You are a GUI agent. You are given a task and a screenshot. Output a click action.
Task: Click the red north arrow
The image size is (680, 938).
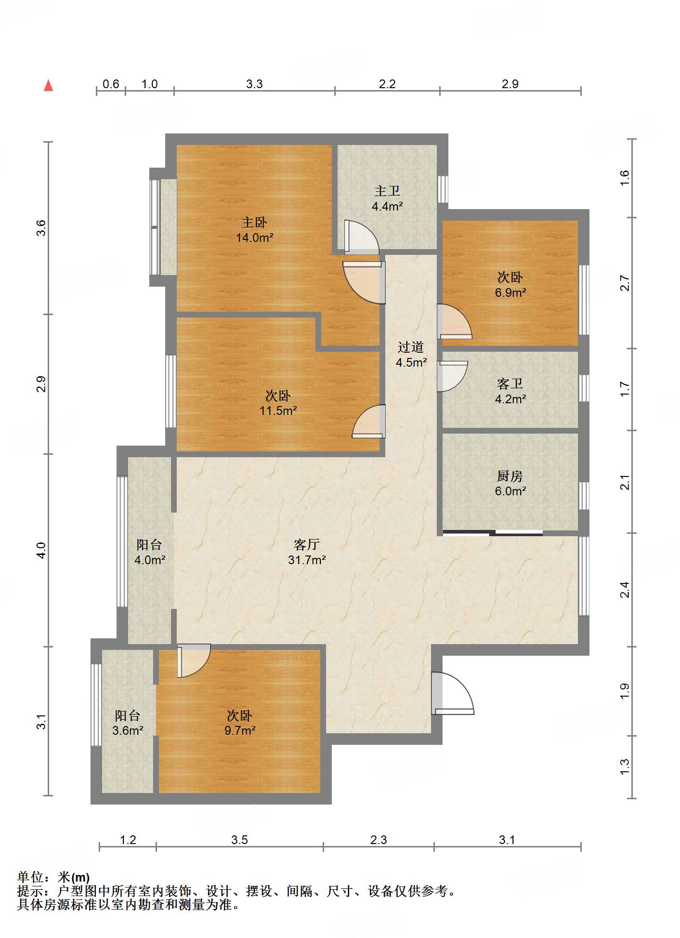point(48,85)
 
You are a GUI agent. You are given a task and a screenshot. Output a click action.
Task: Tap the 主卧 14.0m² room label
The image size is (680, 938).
point(255,230)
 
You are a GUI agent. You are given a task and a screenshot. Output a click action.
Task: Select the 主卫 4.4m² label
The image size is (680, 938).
point(387,198)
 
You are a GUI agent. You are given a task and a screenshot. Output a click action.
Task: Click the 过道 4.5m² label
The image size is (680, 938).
point(411,355)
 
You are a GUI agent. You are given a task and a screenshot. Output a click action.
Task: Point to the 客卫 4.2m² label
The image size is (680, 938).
point(510,391)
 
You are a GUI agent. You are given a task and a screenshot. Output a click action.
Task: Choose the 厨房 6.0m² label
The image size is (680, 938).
point(510,483)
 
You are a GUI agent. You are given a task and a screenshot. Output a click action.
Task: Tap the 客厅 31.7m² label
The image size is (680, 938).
point(307,552)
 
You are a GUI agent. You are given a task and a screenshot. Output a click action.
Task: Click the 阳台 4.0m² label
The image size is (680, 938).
point(150,552)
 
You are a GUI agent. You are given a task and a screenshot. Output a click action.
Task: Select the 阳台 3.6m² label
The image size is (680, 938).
point(128,723)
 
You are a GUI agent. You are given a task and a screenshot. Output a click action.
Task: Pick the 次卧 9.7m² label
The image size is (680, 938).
point(240,723)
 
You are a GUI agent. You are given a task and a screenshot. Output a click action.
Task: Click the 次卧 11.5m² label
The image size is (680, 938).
point(278,403)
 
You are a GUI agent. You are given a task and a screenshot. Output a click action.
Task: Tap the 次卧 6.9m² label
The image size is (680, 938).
point(510,285)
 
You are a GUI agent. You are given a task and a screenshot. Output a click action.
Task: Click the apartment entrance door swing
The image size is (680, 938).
point(453,693)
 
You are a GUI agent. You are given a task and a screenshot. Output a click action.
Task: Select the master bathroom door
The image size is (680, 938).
point(362,237)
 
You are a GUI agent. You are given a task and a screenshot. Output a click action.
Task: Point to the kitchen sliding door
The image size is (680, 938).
point(493,533)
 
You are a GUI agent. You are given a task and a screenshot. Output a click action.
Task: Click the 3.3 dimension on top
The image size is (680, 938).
point(254,84)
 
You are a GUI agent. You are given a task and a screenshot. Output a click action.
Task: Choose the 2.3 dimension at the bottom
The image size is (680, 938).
point(379,840)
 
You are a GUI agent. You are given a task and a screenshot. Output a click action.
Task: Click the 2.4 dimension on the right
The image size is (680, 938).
point(625,590)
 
